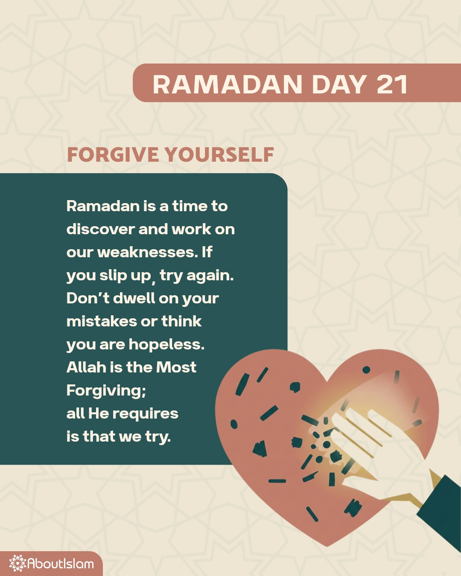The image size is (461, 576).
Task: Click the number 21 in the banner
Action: [392, 84]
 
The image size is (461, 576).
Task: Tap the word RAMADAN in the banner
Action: [228, 84]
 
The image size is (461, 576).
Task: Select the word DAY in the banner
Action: [339, 84]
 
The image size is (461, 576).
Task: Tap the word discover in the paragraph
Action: [100, 229]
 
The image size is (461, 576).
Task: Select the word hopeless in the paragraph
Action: [166, 344]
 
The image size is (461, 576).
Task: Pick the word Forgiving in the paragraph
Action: [105, 391]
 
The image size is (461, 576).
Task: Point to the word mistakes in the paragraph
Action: [101, 321]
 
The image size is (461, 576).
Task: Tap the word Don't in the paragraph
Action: [88, 298]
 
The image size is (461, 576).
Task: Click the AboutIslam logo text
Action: [61, 564]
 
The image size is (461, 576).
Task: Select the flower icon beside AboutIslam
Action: [18, 563]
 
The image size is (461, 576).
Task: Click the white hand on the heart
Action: [376, 444]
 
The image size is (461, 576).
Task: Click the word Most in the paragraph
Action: [176, 367]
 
